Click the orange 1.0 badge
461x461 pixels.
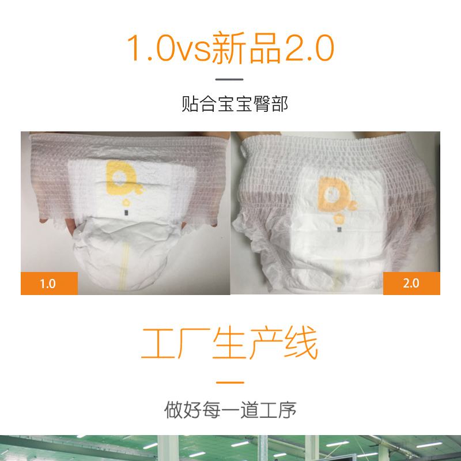[x=49, y=283]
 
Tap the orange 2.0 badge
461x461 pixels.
[x=411, y=283]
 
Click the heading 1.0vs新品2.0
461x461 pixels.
[x=231, y=48]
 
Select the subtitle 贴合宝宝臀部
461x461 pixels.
[x=235, y=104]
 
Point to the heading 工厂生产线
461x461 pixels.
[x=229, y=342]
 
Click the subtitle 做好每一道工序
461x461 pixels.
[x=230, y=410]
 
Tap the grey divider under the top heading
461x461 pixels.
[x=229, y=80]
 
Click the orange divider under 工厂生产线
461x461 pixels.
[x=230, y=383]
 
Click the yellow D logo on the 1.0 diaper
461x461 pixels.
[x=122, y=178]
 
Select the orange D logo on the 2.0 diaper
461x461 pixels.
[x=337, y=194]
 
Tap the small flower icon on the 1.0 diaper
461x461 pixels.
[x=126, y=203]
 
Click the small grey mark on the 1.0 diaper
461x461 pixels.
[x=126, y=213]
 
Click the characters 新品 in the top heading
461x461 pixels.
[x=247, y=48]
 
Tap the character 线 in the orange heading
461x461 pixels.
[x=301, y=342]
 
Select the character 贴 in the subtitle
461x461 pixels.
[x=190, y=104]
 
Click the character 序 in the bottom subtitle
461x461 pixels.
[x=287, y=410]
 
